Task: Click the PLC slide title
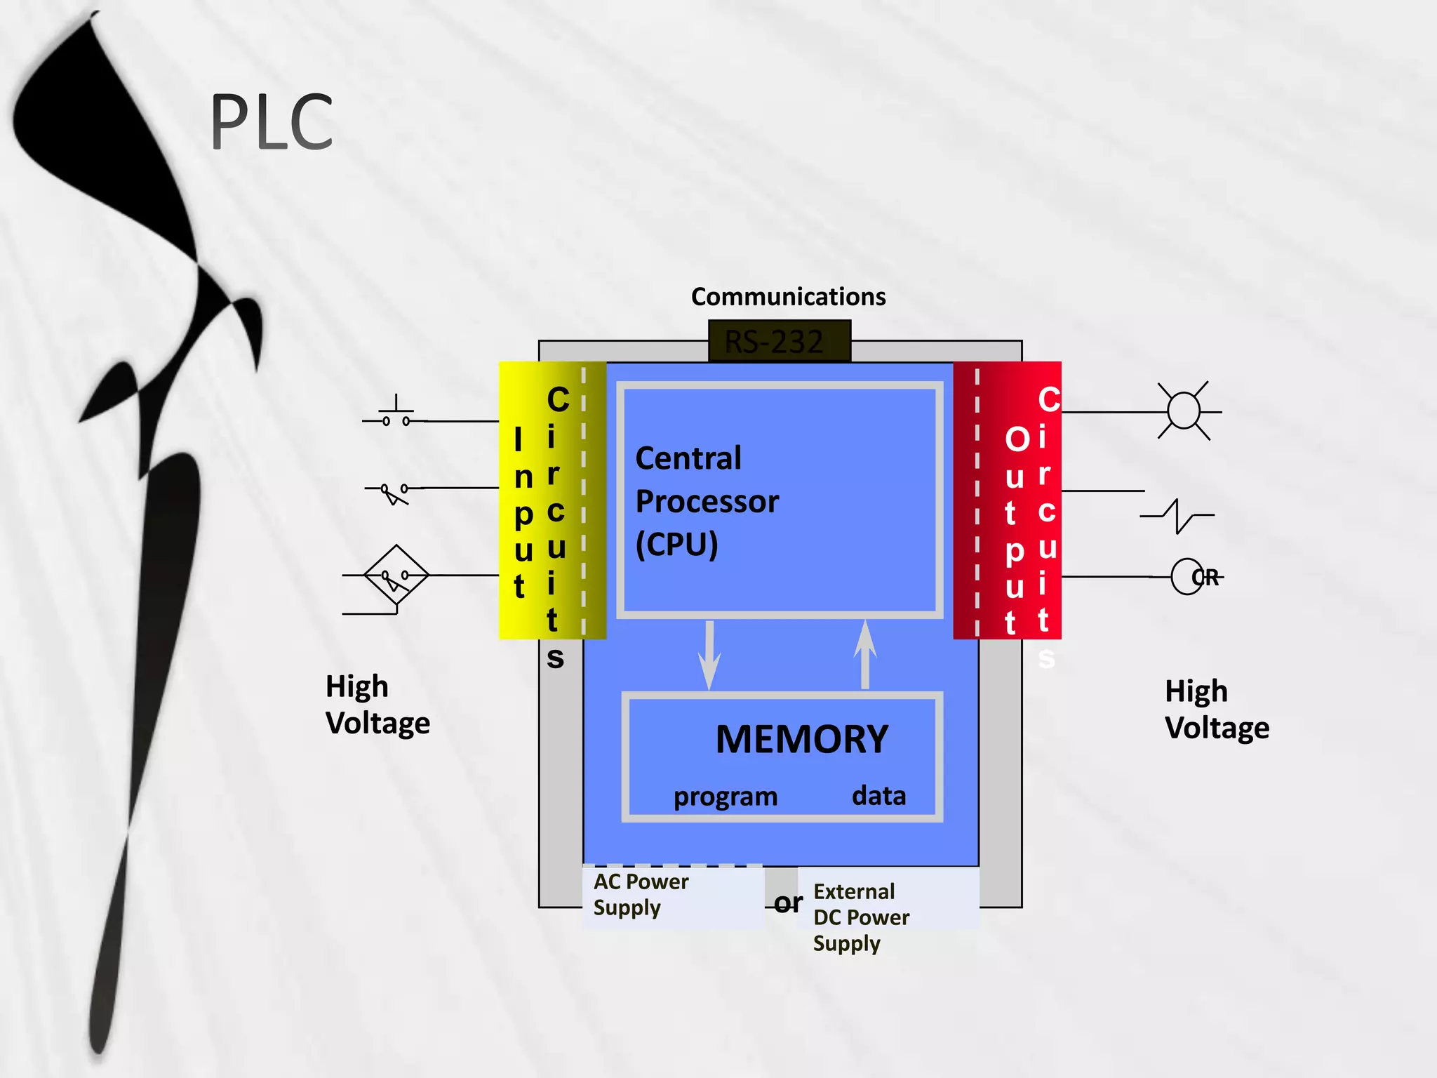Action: [272, 123]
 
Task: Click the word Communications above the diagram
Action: [788, 297]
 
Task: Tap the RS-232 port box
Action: [779, 342]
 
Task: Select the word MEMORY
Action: [802, 739]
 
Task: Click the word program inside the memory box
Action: [726, 797]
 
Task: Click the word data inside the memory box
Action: [878, 796]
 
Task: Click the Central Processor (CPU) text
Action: [707, 501]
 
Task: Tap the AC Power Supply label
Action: [641, 894]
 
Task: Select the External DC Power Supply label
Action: [861, 917]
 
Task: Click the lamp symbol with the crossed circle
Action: [1184, 411]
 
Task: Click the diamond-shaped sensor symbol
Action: [396, 575]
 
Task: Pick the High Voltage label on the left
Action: [377, 705]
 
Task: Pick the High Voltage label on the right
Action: [1217, 710]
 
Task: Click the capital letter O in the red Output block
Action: [1016, 439]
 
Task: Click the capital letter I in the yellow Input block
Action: [519, 440]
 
